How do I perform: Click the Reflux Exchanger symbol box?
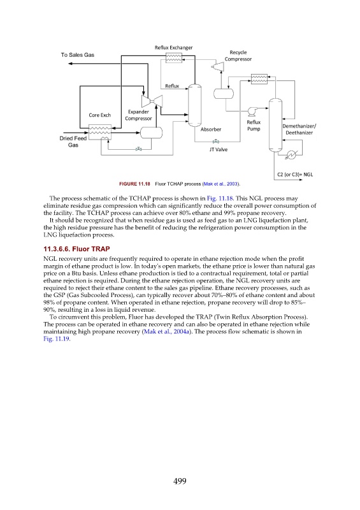174,58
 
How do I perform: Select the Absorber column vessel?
195,105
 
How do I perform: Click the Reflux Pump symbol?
252,111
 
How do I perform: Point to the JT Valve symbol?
215,142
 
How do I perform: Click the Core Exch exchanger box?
100,132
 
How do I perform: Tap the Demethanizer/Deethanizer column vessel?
275,125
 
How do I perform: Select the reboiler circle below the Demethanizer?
292,155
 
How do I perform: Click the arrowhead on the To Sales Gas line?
70,63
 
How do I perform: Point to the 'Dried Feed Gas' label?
73,142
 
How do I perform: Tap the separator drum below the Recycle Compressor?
224,94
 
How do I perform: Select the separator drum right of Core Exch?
151,133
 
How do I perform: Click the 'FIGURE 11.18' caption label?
134,184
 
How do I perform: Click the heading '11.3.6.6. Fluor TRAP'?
76,249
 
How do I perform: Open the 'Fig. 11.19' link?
56,339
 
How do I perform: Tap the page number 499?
180,481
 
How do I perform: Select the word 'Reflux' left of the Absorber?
172,86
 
